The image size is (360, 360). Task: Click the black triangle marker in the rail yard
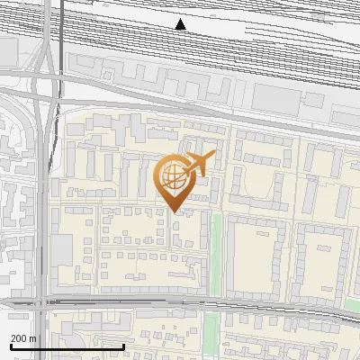181,24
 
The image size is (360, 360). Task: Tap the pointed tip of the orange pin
174,211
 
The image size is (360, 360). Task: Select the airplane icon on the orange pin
200,164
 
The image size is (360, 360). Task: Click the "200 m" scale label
22,338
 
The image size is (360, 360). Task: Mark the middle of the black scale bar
67,346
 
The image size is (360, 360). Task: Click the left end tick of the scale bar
11,346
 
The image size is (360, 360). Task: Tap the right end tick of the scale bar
124,346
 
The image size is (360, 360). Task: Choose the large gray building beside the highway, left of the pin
62,253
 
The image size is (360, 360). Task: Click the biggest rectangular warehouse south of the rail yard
288,98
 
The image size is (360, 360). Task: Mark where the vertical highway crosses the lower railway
43,298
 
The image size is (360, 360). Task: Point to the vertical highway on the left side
40,180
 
